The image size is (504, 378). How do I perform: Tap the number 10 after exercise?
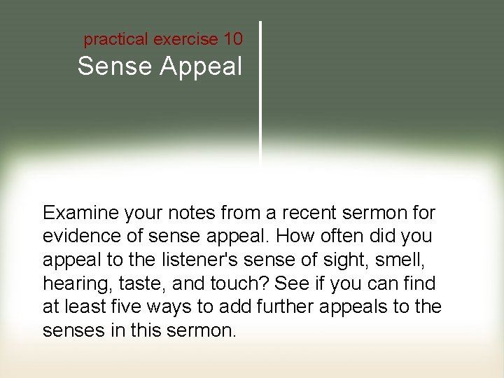click(233, 39)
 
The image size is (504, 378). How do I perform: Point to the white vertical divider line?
click(261, 91)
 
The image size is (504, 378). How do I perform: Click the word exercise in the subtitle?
click(185, 39)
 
